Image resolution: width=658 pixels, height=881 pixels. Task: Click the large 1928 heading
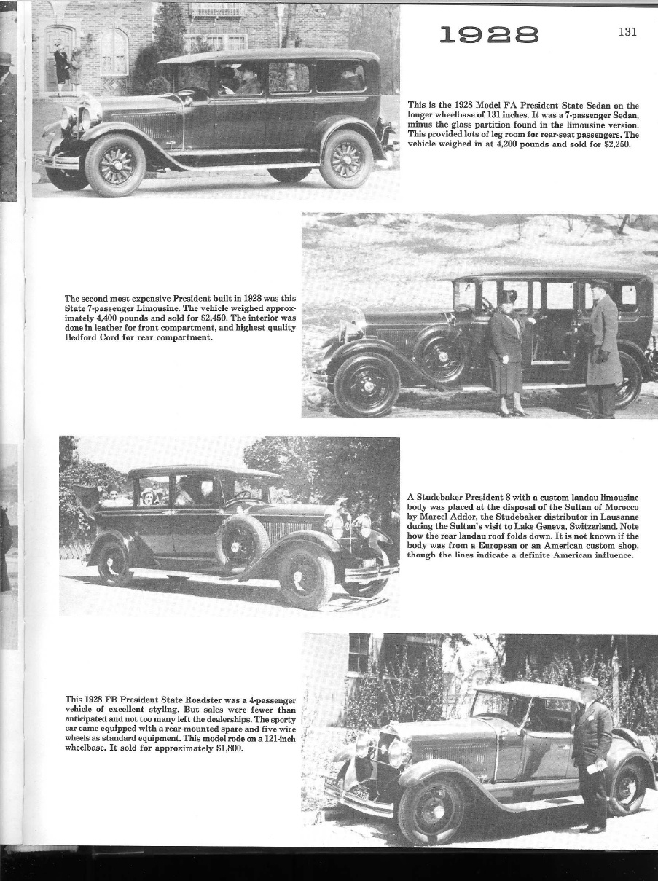pyautogui.click(x=489, y=35)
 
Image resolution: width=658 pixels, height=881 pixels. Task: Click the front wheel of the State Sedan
pyautogui.click(x=115, y=164)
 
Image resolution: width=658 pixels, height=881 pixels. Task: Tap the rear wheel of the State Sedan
pyautogui.click(x=346, y=158)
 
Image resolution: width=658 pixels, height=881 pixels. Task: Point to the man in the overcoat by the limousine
pyautogui.click(x=603, y=347)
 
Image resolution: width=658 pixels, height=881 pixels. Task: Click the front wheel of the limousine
pyautogui.click(x=367, y=383)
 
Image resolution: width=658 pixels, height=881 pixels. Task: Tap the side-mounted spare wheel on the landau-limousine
pyautogui.click(x=242, y=541)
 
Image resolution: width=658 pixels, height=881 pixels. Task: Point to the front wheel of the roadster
pyautogui.click(x=431, y=809)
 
